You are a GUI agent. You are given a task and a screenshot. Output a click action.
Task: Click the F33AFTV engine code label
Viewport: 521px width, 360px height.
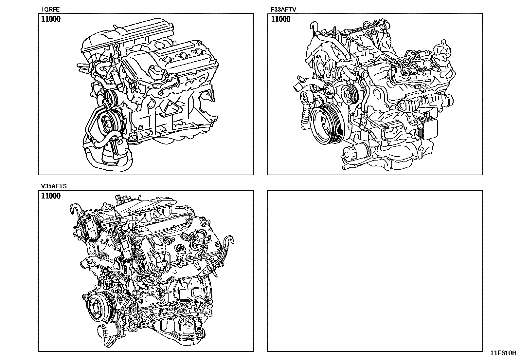pyautogui.click(x=283, y=9)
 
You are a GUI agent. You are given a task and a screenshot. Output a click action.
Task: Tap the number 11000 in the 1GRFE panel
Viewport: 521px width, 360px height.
pyautogui.click(x=51, y=19)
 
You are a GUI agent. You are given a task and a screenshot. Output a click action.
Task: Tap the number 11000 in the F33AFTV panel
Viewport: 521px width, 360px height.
pyautogui.click(x=281, y=19)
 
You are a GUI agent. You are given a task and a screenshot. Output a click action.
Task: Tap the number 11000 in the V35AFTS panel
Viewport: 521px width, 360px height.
pyautogui.click(x=51, y=196)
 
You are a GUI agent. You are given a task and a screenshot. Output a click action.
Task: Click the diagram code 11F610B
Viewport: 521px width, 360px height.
pyautogui.click(x=503, y=353)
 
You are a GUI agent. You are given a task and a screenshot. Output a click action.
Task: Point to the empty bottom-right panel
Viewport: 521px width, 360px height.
pyautogui.click(x=375, y=271)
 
